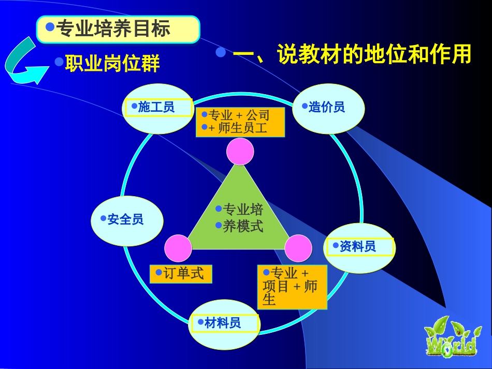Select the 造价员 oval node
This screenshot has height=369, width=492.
point(328,108)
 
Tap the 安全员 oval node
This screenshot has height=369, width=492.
point(127,220)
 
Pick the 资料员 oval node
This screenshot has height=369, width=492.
point(359,247)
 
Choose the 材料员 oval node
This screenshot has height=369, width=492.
point(224,324)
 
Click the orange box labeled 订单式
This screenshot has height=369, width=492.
point(181,274)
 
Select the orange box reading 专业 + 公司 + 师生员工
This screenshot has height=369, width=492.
point(240,122)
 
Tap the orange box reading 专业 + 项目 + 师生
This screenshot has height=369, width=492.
point(292,287)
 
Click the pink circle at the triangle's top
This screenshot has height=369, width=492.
point(240,152)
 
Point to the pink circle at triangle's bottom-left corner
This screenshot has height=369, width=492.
point(178,248)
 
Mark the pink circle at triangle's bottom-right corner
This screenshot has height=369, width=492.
point(298,248)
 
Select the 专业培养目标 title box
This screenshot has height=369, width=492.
point(118,29)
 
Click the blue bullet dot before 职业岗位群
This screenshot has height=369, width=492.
point(59,62)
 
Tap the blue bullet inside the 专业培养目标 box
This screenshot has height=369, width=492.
point(50,26)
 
